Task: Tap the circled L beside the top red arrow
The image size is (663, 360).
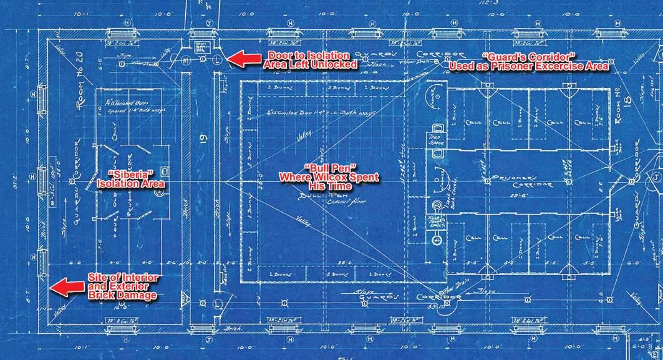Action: coord(216,60)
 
